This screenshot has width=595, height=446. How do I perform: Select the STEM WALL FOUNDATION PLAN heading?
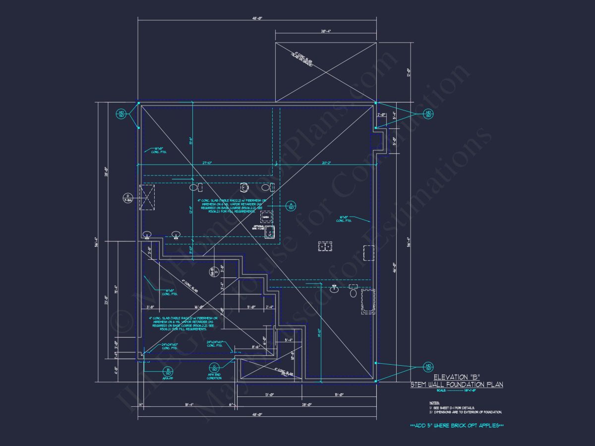[457, 385]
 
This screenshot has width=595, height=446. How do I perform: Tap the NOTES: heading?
[434, 403]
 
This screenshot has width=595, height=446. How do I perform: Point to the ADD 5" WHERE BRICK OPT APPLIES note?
[457, 426]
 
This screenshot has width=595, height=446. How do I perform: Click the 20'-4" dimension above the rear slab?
[325, 31]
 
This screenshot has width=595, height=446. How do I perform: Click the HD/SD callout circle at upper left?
[121, 114]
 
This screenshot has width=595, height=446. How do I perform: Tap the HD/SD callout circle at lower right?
[428, 367]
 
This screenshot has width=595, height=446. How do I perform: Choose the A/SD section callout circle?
[291, 205]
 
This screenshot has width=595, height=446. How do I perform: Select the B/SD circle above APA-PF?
[168, 370]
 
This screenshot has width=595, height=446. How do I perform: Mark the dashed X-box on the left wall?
[147, 198]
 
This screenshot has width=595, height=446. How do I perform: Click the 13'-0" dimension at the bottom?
[270, 395]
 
